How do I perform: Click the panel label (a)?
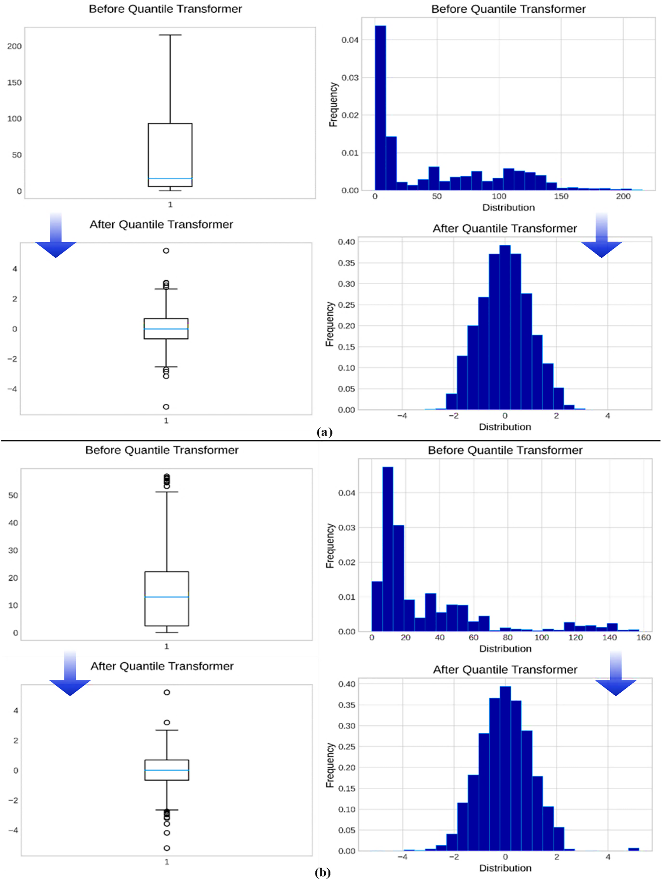324,432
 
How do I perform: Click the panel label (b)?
323,872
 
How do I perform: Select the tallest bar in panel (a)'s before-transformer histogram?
380,108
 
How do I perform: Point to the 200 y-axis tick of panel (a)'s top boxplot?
14,46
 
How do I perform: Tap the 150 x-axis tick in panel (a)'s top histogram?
561,196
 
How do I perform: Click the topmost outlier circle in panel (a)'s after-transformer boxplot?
166,251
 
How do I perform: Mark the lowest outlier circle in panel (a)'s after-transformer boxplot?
166,407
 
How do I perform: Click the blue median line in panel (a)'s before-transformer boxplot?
170,178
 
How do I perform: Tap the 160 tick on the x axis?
643,637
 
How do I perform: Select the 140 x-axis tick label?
609,637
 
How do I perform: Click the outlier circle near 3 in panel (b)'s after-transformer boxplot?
166,722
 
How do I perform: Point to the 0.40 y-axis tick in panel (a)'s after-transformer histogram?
346,242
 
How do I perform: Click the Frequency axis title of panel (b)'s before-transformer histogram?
330,546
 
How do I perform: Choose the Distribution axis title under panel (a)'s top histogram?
508,207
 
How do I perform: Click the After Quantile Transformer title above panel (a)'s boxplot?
161,224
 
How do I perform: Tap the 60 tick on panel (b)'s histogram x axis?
473,637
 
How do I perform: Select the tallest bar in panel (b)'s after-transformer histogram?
505,768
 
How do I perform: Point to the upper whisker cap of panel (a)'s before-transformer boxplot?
170,35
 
